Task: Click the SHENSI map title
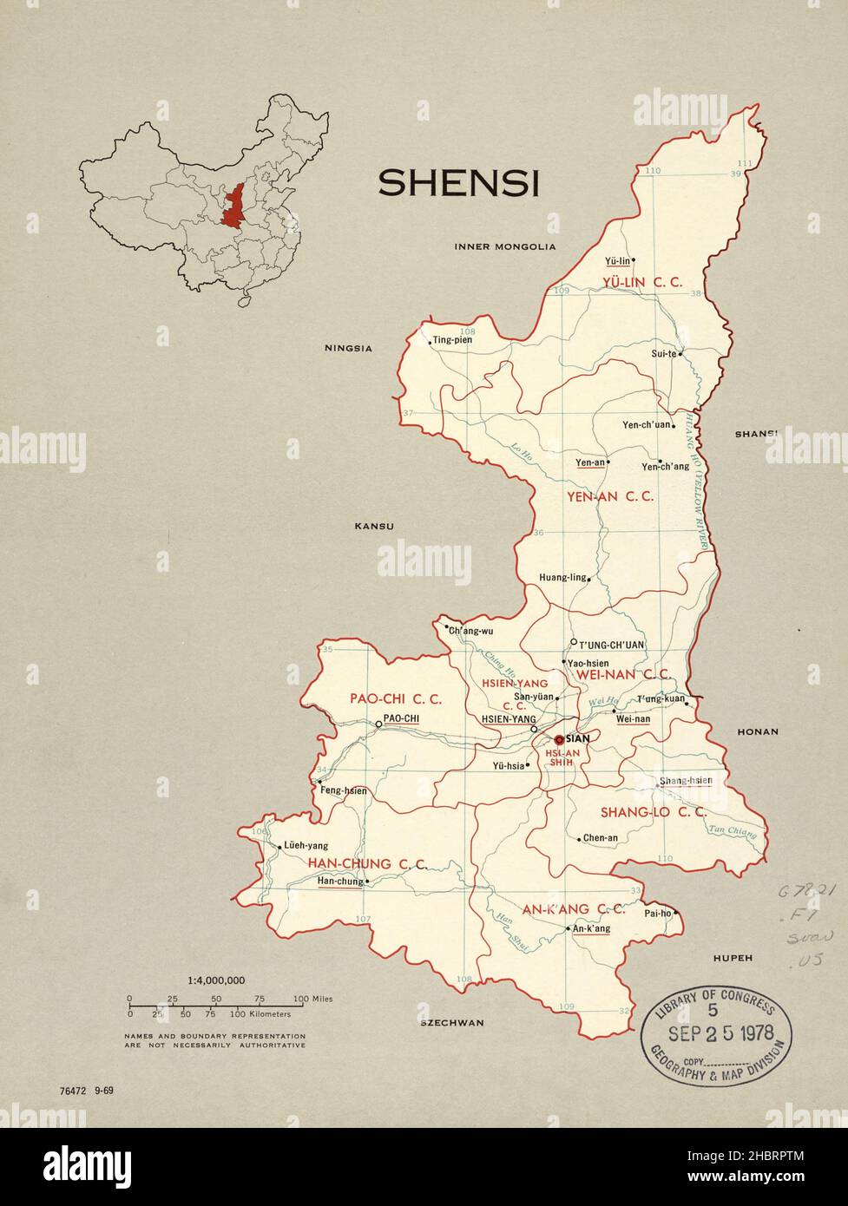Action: click(x=458, y=183)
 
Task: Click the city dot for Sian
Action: click(x=558, y=738)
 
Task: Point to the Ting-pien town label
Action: click(x=453, y=339)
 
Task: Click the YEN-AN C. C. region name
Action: click(x=609, y=497)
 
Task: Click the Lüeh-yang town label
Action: click(x=306, y=846)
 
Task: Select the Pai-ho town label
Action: click(x=657, y=913)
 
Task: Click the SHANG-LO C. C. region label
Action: click(x=653, y=812)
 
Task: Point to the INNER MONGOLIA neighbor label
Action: click(x=504, y=246)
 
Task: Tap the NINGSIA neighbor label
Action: click(x=348, y=349)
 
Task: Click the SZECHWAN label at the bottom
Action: click(x=451, y=1023)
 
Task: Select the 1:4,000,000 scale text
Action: click(x=216, y=980)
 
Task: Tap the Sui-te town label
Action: click(x=664, y=354)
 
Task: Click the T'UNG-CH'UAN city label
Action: click(x=611, y=645)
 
